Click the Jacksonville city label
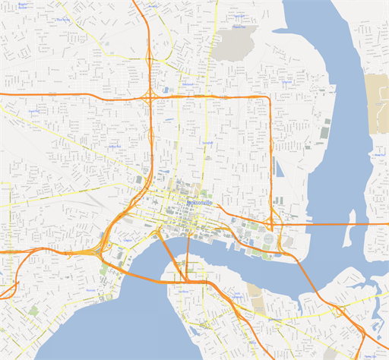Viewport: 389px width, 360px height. click(200, 205)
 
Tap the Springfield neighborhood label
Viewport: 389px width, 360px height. click(207, 143)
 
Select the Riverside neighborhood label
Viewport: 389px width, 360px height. click(91, 290)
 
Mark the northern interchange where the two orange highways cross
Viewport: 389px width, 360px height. click(150, 96)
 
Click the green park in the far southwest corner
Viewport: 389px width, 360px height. click(33, 311)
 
